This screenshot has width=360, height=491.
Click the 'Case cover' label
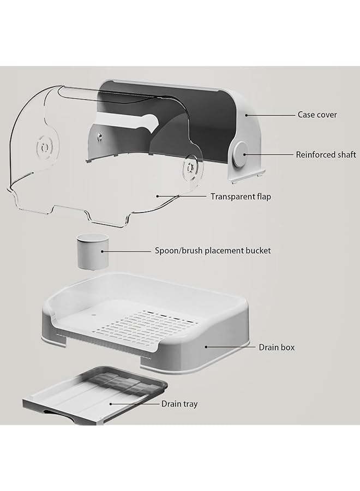point(317,115)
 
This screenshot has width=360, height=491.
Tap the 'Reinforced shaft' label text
point(326,155)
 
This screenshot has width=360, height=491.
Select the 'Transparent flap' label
point(241,196)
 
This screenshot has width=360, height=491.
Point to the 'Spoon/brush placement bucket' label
point(213,250)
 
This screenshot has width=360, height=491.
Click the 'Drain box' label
point(277,348)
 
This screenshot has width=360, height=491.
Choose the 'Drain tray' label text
point(179,404)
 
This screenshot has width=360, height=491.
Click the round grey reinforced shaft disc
point(241,154)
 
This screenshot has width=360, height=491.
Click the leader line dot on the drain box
point(206,347)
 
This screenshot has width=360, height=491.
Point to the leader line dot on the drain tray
point(111,404)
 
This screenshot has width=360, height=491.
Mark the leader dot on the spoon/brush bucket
point(102,251)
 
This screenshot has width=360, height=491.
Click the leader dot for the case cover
point(247,115)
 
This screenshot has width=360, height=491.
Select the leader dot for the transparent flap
point(158,196)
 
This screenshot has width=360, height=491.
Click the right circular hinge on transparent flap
point(189,168)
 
